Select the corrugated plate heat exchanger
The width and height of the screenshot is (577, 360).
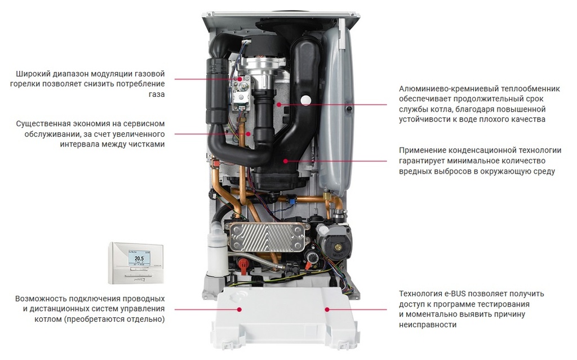click(267, 237)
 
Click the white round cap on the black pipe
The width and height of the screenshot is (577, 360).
click(305, 100)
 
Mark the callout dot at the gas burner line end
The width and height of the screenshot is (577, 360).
click(240, 79)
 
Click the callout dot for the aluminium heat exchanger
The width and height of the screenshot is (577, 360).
click(279, 105)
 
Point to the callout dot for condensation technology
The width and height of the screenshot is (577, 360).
click(286, 161)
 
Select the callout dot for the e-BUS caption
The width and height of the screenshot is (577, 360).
click(327, 309)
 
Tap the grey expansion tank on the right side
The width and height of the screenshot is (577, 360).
click(336, 106)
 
